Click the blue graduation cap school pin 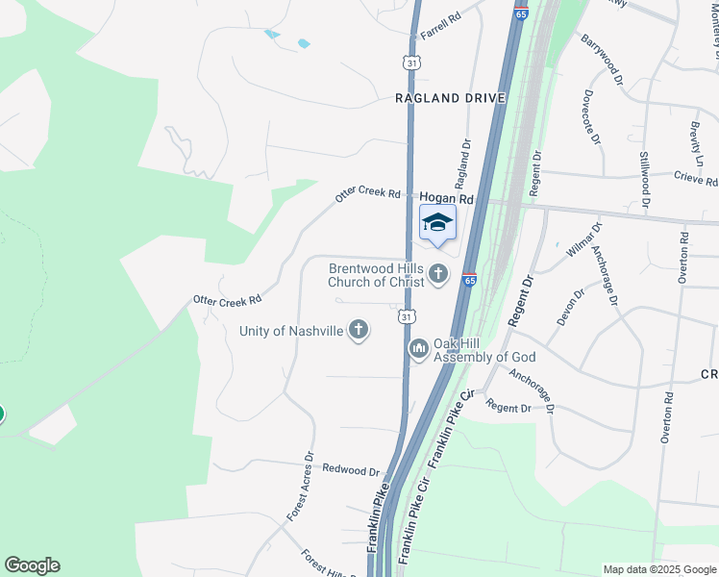[437, 223]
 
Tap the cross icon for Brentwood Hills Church [438, 275]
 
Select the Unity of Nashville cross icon [359, 331]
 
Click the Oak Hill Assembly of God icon [418, 348]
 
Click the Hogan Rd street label [447, 198]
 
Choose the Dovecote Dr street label [590, 117]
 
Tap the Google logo [32, 565]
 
